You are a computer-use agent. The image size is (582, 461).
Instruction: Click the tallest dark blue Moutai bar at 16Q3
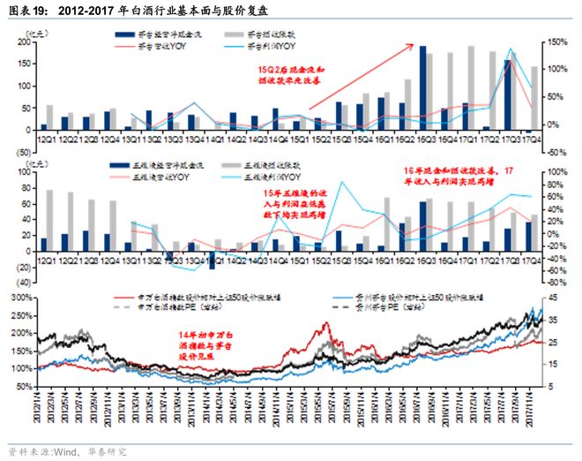422,88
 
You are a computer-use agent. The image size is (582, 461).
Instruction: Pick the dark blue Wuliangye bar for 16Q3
422,227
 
